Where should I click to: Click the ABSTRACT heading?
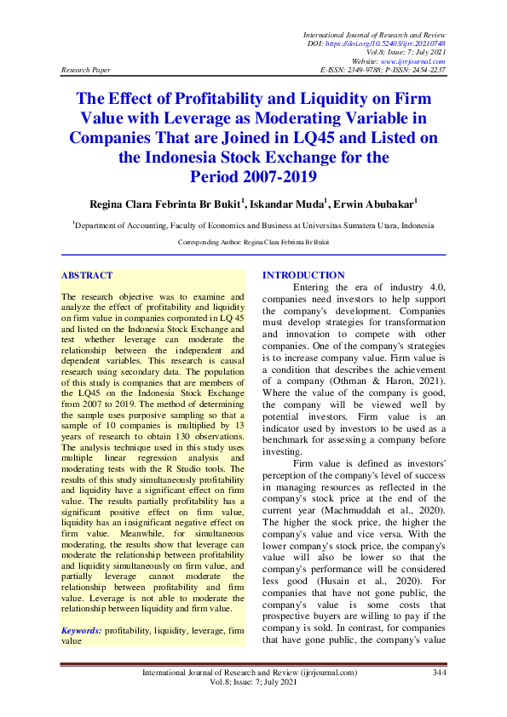tap(87, 276)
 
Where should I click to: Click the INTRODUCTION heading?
tap(303, 275)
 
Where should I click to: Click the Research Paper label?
tap(87, 70)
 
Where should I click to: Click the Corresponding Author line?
tap(253, 243)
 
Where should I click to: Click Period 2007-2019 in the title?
tap(253, 176)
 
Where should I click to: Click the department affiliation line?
tap(253, 226)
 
